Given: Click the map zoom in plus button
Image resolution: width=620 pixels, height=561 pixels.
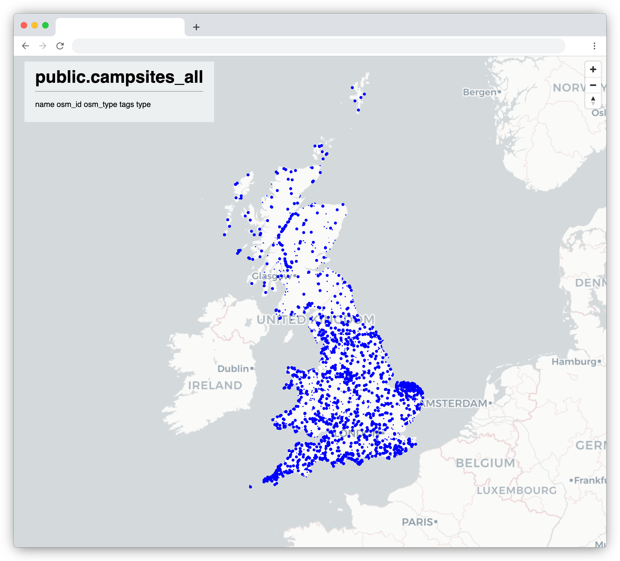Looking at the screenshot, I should tap(593, 70).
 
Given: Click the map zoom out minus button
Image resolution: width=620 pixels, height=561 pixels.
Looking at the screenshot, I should tap(593, 85).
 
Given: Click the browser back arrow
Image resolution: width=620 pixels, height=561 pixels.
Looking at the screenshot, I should tap(26, 46).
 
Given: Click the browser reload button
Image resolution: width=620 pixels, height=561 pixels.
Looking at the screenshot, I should tap(60, 46).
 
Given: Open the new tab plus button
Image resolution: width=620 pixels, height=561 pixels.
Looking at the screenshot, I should tap(196, 27).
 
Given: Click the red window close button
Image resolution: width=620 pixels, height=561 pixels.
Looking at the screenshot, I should tap(24, 25).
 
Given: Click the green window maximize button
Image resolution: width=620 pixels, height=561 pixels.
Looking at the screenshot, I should tap(45, 25).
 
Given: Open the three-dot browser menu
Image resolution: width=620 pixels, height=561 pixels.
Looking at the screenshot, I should tap(594, 46).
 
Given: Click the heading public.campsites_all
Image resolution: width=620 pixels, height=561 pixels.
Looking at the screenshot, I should tap(119, 77).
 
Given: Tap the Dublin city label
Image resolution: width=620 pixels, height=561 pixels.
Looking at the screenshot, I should tap(233, 368).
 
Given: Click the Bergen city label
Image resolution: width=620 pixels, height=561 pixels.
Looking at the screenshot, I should tap(480, 92).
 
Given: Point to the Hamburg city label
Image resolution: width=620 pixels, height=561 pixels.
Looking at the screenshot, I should tap(574, 361).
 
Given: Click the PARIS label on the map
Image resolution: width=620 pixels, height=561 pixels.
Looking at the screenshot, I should tap(417, 522).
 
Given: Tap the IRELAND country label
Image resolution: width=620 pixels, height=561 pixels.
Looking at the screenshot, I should tap(215, 385).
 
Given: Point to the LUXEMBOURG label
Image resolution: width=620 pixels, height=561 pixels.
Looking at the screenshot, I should tap(517, 490).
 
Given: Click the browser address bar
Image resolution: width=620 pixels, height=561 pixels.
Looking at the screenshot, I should tap(318, 46).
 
